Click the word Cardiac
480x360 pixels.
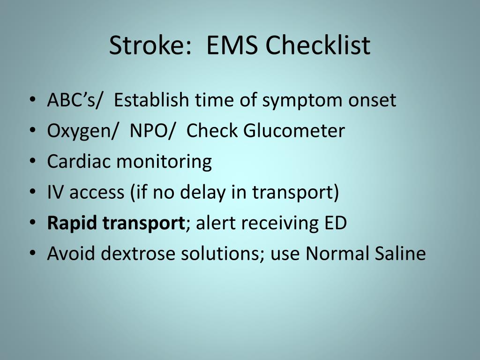(79, 161)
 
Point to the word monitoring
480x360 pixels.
(164, 162)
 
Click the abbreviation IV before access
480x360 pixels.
(56, 192)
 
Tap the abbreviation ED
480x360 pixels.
(334, 223)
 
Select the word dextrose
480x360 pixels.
(139, 254)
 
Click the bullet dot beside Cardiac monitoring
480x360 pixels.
(32, 162)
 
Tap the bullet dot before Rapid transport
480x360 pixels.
(32, 224)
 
